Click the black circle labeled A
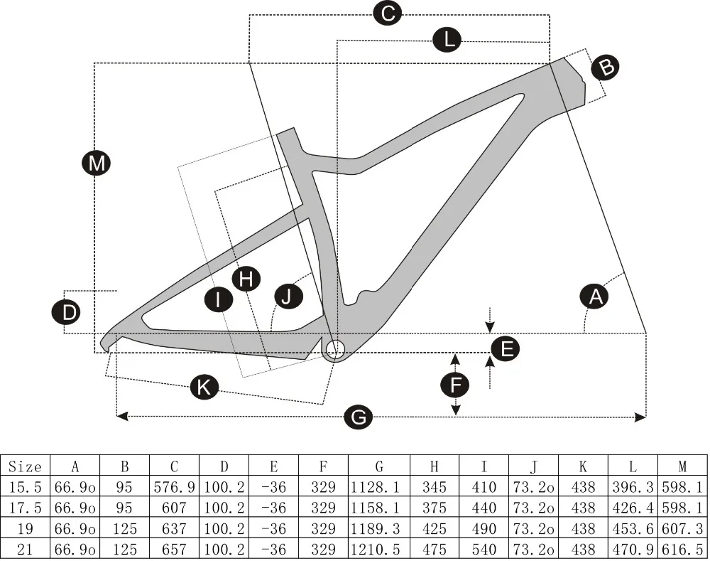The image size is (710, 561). pos(595,296)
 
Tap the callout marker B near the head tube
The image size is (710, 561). pos(606,67)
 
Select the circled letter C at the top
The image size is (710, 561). pos(388,13)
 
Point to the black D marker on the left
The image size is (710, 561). pos(66,313)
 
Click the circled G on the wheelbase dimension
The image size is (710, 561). pos(359,417)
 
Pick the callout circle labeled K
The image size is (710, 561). pos(204,388)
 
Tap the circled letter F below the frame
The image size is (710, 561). pos(455,385)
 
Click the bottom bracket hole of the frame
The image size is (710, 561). pos(335,348)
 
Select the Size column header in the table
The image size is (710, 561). pos(26,466)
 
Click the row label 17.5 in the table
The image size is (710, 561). pos(26,508)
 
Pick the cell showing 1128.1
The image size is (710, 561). pos(379,488)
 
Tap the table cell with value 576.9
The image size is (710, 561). pos(174,488)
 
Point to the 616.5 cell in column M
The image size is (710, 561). pos(682,550)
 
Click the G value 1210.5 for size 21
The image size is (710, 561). pos(379,550)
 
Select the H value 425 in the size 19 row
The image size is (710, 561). pos(436,529)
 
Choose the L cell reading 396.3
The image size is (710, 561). pos(633,488)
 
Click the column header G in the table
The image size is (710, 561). pos(379,466)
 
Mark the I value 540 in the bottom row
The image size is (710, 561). pos(484,550)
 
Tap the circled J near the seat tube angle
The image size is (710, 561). pos(286,296)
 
